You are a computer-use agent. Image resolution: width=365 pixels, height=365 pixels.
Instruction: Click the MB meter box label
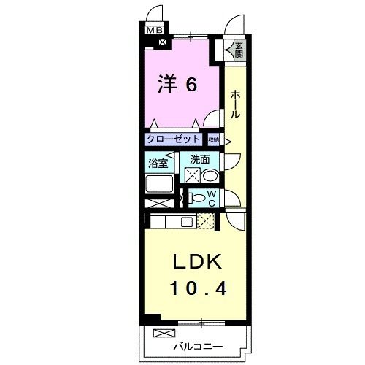point(154,31)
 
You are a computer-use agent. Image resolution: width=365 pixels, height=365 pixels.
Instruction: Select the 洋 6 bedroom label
point(177,85)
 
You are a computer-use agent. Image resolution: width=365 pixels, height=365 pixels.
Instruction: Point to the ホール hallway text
point(236,104)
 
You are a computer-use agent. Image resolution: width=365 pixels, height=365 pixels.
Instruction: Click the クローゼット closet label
point(173,139)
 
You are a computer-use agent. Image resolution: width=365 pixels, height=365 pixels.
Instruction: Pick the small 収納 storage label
point(213,139)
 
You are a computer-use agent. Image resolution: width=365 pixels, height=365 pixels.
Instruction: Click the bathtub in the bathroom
point(159,183)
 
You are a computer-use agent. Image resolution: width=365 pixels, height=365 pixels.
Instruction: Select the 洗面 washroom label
point(200,158)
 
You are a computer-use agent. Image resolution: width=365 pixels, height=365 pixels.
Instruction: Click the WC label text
point(211,198)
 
